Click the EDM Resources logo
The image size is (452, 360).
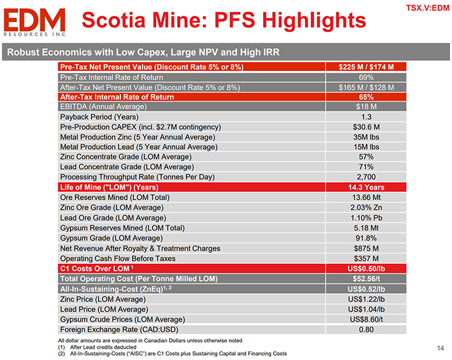34,22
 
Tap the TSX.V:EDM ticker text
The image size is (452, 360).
428,7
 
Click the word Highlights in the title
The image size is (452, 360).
314,20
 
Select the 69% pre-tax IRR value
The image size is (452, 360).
366,77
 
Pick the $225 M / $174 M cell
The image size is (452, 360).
366,67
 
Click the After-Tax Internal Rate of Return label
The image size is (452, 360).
117,97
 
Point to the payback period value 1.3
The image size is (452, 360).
366,117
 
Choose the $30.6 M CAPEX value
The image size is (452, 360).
366,127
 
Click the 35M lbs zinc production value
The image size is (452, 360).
366,137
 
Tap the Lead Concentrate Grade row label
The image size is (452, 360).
127,167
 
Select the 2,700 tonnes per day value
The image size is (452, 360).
366,177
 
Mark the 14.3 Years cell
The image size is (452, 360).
366,187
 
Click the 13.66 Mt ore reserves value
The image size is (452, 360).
366,197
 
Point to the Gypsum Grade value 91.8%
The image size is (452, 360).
366,238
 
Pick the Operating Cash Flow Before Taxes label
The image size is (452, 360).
118,258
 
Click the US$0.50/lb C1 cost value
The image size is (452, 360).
366,268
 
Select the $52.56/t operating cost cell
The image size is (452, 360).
366,279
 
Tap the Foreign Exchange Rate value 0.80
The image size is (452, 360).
366,329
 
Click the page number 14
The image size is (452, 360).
441,348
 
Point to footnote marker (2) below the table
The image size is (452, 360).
61,354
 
